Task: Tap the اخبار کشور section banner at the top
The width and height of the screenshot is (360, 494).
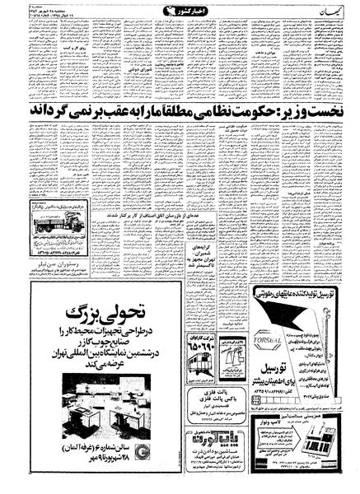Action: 178,11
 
